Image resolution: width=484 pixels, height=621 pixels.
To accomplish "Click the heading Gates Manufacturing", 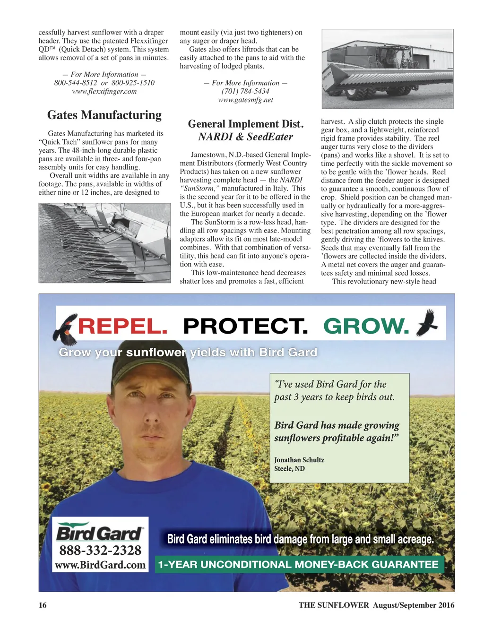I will point(104,115).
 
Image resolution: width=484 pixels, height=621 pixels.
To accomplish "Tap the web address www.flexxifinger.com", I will point(104,91).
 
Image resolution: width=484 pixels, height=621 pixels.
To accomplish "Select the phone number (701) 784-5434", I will point(245,91).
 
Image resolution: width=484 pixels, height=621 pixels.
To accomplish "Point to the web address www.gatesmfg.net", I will point(245,100).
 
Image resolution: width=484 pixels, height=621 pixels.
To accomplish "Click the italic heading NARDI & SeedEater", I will point(245,137).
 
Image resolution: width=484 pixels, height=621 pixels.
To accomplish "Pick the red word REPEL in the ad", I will point(122,327).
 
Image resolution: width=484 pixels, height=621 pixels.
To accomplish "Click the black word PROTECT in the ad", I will point(245,327).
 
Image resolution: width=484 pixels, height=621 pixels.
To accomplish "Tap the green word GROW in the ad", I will point(366,327).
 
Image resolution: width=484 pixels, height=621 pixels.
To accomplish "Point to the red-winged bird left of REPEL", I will point(66,328).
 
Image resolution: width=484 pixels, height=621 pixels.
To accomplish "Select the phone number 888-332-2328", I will point(100,550).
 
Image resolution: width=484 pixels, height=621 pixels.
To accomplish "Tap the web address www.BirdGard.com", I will point(100,565).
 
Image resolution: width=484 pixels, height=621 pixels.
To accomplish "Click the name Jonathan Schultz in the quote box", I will point(299,460).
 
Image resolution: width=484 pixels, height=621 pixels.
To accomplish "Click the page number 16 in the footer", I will point(43,605).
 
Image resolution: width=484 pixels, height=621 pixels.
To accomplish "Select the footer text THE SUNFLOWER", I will point(334,605).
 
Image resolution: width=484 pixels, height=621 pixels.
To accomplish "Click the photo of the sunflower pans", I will point(104,243).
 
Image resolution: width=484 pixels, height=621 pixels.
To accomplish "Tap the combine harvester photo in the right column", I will point(387,69).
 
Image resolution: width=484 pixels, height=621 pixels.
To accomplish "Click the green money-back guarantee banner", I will point(299,564).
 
